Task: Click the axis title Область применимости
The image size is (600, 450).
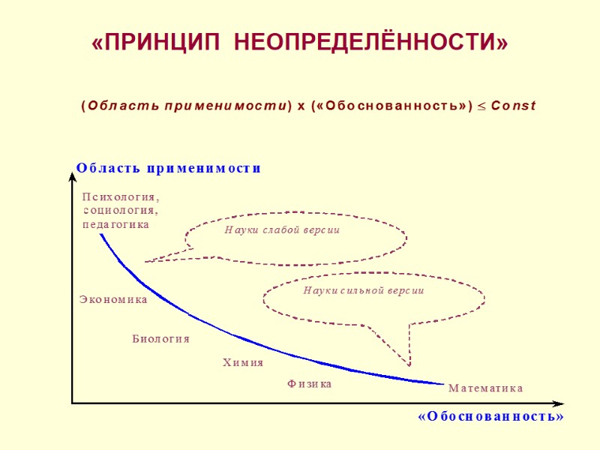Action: [169, 169]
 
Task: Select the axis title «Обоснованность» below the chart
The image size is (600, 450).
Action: [490, 416]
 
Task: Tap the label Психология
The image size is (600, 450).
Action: [120, 196]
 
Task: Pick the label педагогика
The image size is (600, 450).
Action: [115, 223]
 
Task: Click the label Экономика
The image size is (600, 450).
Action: [113, 300]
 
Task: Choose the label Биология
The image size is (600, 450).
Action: [160, 339]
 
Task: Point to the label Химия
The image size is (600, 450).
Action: [243, 363]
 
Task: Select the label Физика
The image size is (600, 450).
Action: [309, 384]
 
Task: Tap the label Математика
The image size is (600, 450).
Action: [485, 388]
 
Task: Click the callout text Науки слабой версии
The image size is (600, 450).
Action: [282, 230]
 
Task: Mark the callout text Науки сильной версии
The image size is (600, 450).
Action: [364, 290]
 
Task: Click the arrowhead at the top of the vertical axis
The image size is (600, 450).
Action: [72, 166]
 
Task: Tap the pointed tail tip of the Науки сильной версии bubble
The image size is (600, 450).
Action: [409, 364]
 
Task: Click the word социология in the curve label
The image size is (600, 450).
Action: [120, 210]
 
